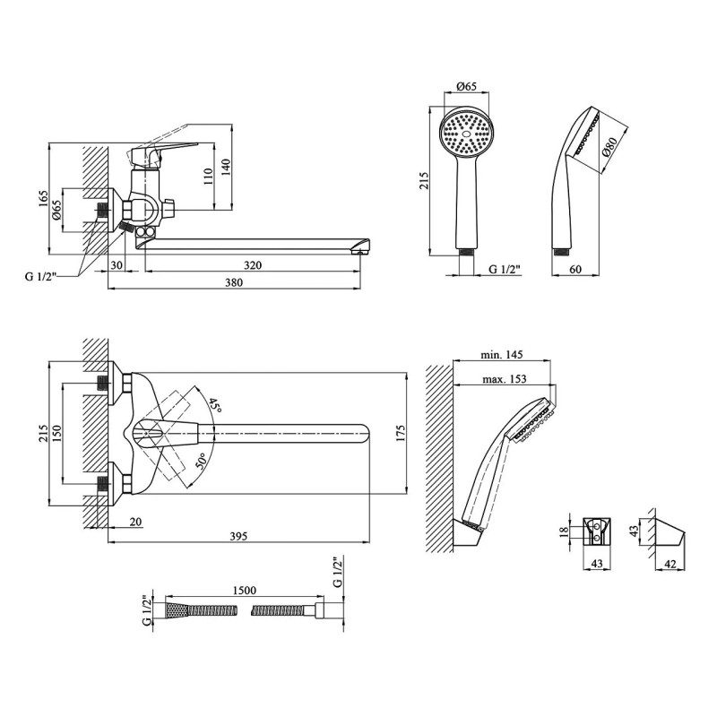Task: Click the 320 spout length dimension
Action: pos(253,265)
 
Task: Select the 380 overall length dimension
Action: pos(234,282)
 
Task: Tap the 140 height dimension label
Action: pos(226,168)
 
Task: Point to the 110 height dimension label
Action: pos(208,177)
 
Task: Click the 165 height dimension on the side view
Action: pos(42,199)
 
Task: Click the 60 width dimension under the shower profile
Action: pos(575,270)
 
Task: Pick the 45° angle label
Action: pos(214,406)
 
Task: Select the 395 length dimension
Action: pos(238,536)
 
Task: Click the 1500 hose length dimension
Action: pos(245,591)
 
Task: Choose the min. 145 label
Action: pos(502,354)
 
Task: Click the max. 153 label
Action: pos(505,378)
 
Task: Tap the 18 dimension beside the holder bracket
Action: pos(565,531)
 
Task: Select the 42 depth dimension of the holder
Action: pos(669,565)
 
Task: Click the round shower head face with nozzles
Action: pos(466,134)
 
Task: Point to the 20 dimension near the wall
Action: pos(135,522)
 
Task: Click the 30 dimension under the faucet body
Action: pos(117,265)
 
